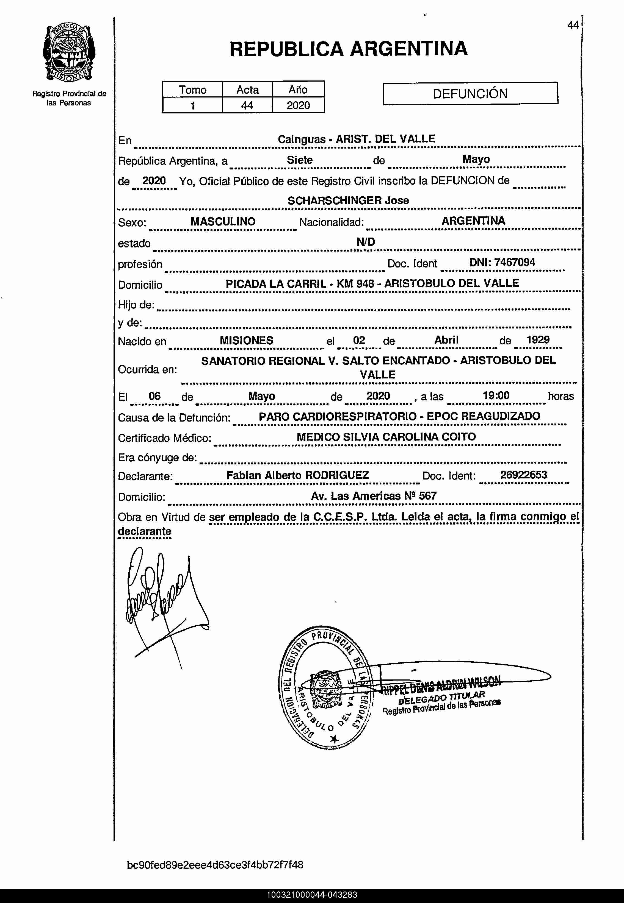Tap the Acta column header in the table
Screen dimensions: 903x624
pos(247,90)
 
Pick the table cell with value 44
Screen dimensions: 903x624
pos(247,105)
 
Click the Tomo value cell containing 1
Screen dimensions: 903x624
pos(192,105)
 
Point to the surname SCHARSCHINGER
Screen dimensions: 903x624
pos(334,201)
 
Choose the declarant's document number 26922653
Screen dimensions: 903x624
pos(523,475)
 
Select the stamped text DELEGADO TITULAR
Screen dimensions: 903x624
pos(442,698)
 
